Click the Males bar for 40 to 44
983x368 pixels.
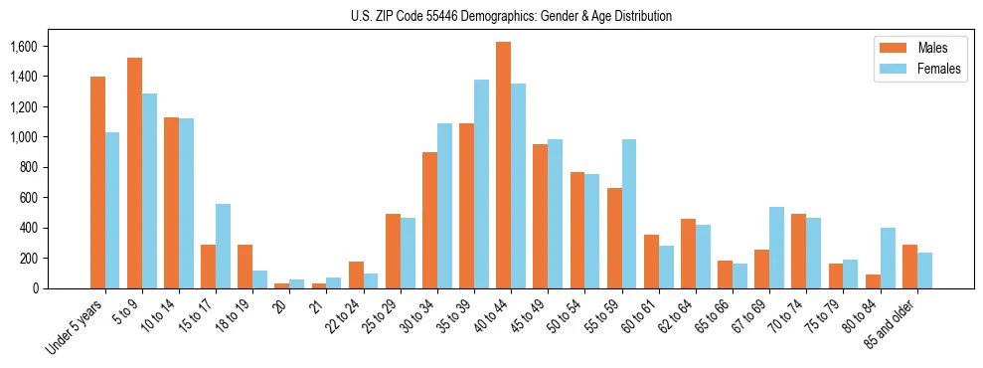click(x=503, y=165)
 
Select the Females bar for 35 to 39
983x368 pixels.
click(x=481, y=184)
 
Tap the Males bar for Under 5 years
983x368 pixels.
click(x=97, y=182)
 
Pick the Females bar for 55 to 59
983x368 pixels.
click(x=628, y=214)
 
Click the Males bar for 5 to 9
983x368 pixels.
click(x=134, y=173)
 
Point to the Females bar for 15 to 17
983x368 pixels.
click(x=223, y=246)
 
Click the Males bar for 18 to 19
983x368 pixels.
click(x=245, y=267)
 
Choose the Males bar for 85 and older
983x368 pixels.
click(x=909, y=267)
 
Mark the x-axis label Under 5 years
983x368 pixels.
click(x=76, y=325)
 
